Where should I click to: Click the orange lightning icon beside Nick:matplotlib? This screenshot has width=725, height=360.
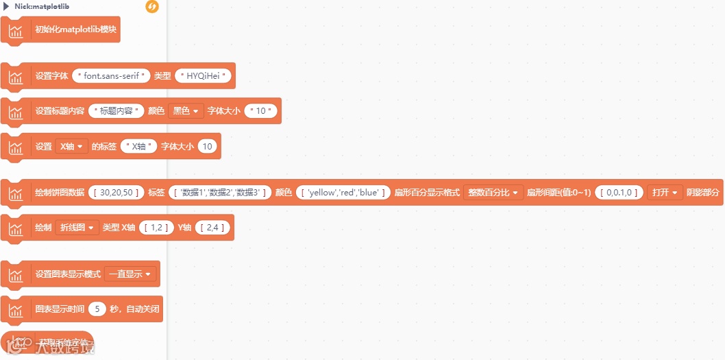tap(152, 7)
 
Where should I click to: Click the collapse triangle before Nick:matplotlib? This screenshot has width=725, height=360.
tap(6, 7)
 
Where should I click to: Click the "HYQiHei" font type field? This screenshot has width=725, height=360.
tap(204, 75)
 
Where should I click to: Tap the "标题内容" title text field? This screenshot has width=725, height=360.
tap(116, 110)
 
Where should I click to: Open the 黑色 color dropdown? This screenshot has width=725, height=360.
tap(186, 110)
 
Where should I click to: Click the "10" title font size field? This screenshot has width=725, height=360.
tap(260, 110)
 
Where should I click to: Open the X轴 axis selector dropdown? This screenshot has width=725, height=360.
tap(72, 146)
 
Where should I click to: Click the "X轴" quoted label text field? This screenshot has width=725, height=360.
tap(138, 146)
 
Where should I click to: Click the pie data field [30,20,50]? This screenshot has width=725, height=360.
tap(116, 193)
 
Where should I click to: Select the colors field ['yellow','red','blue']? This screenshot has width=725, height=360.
tap(343, 193)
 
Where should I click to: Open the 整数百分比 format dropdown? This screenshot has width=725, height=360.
tap(493, 193)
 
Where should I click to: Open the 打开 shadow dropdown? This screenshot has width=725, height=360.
tap(665, 193)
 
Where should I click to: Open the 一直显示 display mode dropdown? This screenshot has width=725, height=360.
tap(130, 274)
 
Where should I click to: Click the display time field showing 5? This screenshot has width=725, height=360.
tap(97, 309)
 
